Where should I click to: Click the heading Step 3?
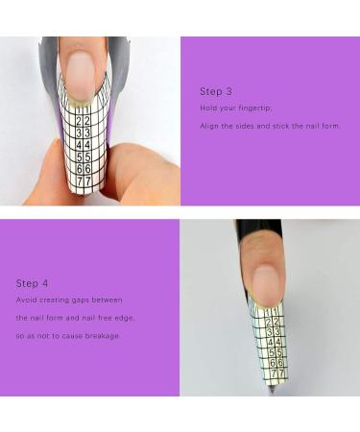(216, 91)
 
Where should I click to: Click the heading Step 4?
(32, 283)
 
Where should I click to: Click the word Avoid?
(26, 300)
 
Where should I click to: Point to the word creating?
(60, 300)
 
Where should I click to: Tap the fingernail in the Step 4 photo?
(267, 285)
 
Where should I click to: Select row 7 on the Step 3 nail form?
(84, 180)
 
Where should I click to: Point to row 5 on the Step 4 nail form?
(276, 352)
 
